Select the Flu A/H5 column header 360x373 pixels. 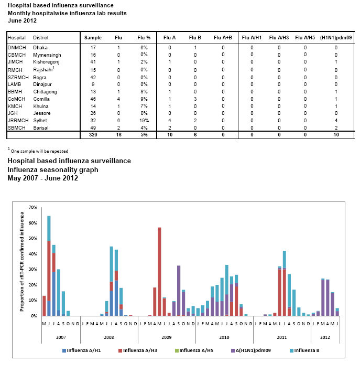point(306,38)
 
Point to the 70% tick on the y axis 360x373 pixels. point(32,208)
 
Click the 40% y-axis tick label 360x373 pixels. point(32,254)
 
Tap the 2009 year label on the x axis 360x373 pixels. point(167,336)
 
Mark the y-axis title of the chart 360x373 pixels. point(23,261)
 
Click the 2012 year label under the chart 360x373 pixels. point(325,336)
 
